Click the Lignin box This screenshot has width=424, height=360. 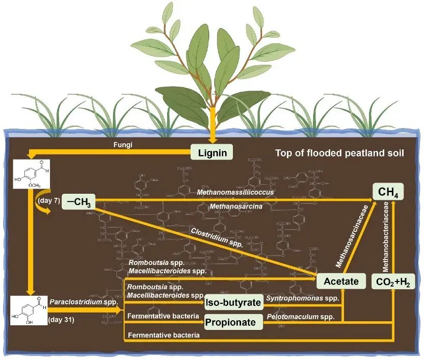tap(212, 152)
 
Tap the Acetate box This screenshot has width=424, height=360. tap(340, 281)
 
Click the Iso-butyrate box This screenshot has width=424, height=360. tap(233, 303)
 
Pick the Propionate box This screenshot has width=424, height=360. tap(233, 322)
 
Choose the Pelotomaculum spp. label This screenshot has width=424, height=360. tap(301, 317)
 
